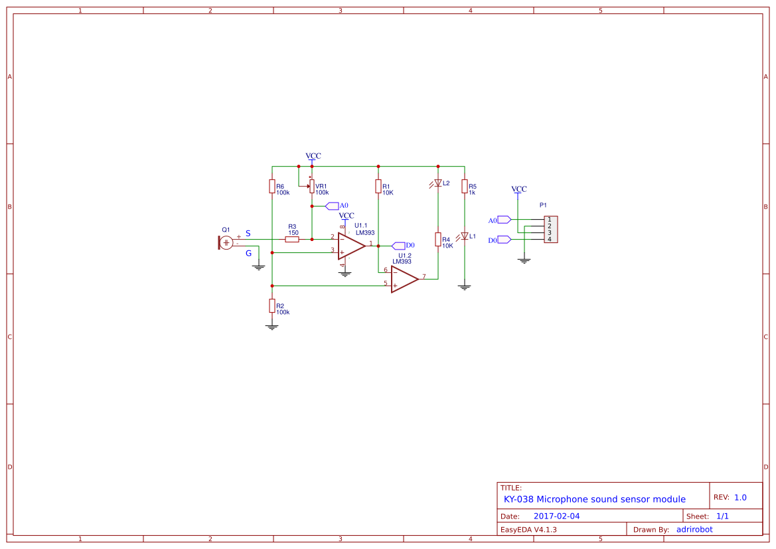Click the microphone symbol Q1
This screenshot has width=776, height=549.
pos(226,242)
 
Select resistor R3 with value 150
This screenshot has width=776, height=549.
pos(292,239)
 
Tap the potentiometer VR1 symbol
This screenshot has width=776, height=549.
pos(312,187)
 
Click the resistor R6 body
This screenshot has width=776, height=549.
pos(272,187)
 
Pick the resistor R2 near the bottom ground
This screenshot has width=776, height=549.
pos(272,305)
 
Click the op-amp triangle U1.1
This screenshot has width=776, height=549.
pos(351,246)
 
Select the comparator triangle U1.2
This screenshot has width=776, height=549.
pos(404,279)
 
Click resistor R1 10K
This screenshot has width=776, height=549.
pos(378,187)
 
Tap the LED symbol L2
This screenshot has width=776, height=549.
pos(438,183)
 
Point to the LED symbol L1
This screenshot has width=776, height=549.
pos(465,236)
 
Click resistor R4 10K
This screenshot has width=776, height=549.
pos(438,240)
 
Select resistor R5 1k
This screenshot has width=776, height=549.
pos(465,187)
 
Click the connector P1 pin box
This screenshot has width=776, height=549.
pos(550,229)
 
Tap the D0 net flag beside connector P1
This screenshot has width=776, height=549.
pos(503,240)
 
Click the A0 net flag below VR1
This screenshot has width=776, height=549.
pos(333,206)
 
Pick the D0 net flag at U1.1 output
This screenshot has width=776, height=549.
pos(399,246)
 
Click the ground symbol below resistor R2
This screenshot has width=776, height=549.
pos(272,326)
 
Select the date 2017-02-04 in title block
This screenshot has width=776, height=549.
pos(556,516)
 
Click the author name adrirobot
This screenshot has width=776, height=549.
pos(694,529)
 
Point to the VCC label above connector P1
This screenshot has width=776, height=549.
pos(518,189)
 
